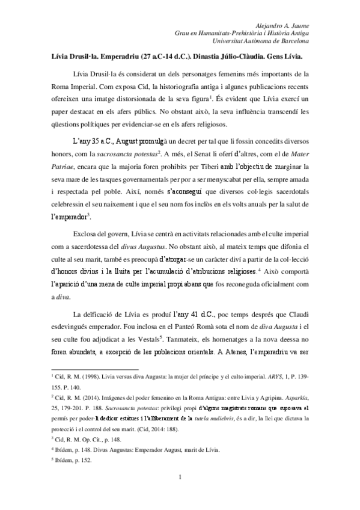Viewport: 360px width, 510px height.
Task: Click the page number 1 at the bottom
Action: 180,494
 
